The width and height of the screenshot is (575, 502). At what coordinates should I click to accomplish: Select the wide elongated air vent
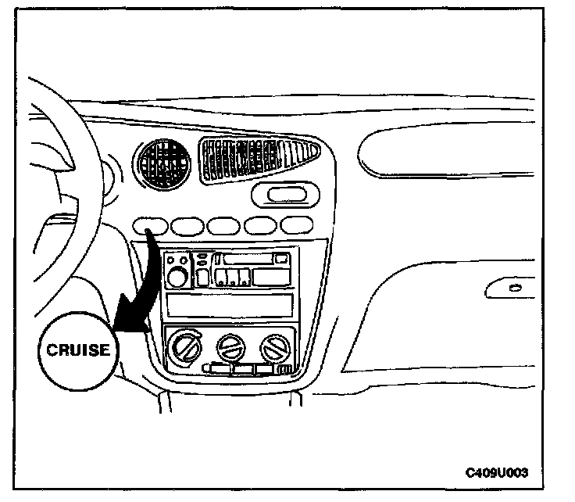tap(259, 160)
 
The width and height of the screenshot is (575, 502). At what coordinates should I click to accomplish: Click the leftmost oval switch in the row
tap(152, 226)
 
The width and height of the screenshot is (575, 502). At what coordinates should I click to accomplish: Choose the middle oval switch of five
tap(223, 226)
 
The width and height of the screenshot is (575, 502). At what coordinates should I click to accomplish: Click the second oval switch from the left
tap(187, 226)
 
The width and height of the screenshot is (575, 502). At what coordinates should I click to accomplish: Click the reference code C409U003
tap(497, 473)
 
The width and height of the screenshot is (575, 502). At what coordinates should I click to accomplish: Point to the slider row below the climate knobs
tap(246, 368)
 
